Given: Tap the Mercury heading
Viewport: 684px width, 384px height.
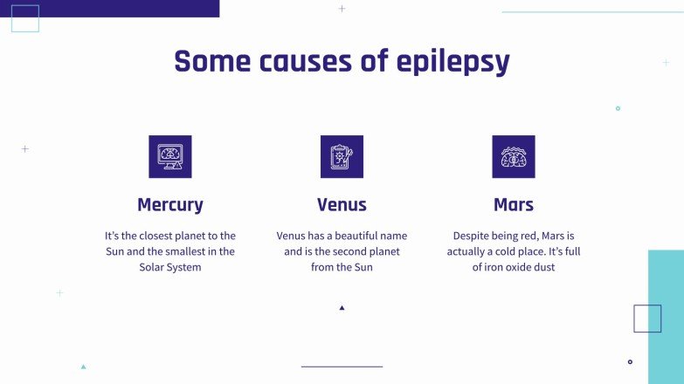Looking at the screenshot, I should [x=170, y=205].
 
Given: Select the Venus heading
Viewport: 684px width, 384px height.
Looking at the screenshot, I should [x=342, y=205].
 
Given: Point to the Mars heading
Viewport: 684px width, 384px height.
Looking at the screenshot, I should [x=514, y=205].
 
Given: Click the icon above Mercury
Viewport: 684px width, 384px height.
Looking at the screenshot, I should [x=170, y=156].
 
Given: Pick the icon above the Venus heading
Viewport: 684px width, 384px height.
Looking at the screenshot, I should [x=342, y=156].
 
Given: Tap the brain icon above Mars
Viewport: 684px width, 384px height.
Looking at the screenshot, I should [x=514, y=156].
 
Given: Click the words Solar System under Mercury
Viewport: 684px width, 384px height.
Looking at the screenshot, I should [x=170, y=267].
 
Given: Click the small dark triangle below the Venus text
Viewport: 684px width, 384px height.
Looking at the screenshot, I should [x=342, y=307].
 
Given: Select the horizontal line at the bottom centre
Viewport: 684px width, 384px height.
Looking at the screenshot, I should [x=342, y=367].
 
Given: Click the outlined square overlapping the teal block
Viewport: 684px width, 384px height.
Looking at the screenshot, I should [x=647, y=319].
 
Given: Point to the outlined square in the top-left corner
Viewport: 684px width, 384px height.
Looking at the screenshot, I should [x=24, y=18].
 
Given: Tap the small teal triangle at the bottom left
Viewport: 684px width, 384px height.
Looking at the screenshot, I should [x=83, y=367].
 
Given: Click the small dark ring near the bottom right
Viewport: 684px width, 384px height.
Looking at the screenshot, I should [x=630, y=361].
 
